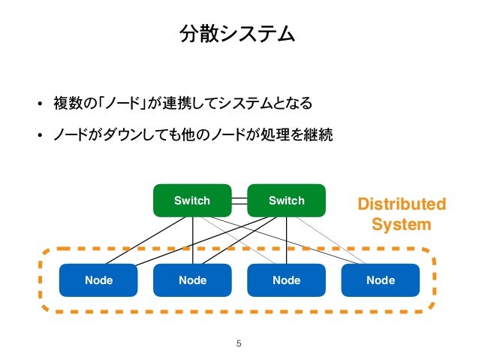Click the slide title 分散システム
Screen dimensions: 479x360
point(237,33)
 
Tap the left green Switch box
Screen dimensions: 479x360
point(192,201)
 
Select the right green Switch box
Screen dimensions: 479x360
point(286,201)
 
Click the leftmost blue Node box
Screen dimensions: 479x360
point(98,280)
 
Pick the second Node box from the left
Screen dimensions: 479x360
point(192,280)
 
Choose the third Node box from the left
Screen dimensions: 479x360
point(286,280)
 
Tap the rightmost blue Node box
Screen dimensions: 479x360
point(381,280)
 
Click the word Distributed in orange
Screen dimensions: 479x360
point(402,204)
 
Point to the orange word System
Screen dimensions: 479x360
point(402,225)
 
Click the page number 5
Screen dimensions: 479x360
point(239,343)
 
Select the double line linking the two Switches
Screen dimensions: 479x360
point(239,201)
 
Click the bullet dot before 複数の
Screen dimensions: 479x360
point(39,104)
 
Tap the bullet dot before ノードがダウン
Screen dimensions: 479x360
point(39,135)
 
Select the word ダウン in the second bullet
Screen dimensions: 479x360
point(122,135)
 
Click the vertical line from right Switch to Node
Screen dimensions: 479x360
point(286,241)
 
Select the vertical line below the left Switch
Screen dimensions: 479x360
point(193,241)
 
